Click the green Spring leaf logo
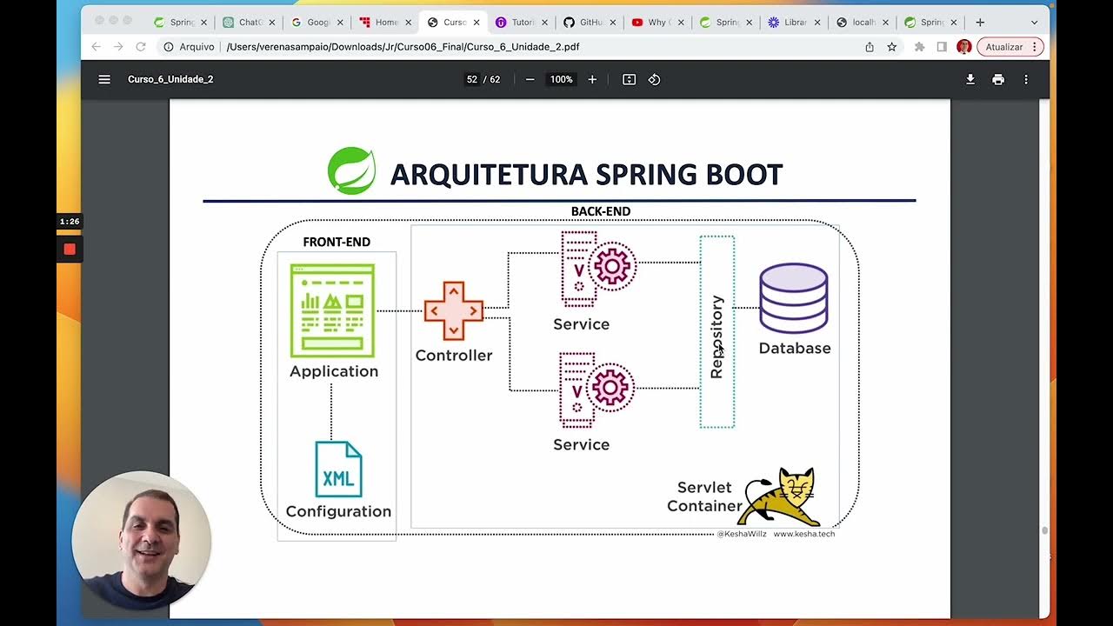pos(351,170)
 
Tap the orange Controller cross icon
pos(453,310)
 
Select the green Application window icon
pos(332,310)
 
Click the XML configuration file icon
pos(338,469)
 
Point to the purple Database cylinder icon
pos(793,298)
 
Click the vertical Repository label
pos(716,336)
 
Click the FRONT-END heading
pos(337,242)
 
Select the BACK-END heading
pos(600,211)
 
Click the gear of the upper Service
pos(612,266)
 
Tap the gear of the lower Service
pos(610,387)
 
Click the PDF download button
pos(970,79)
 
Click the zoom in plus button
pos(592,79)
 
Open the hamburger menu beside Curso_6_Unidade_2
pos(104,79)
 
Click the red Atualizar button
pos(1009,47)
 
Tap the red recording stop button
pos(70,250)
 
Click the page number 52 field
pos(472,79)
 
